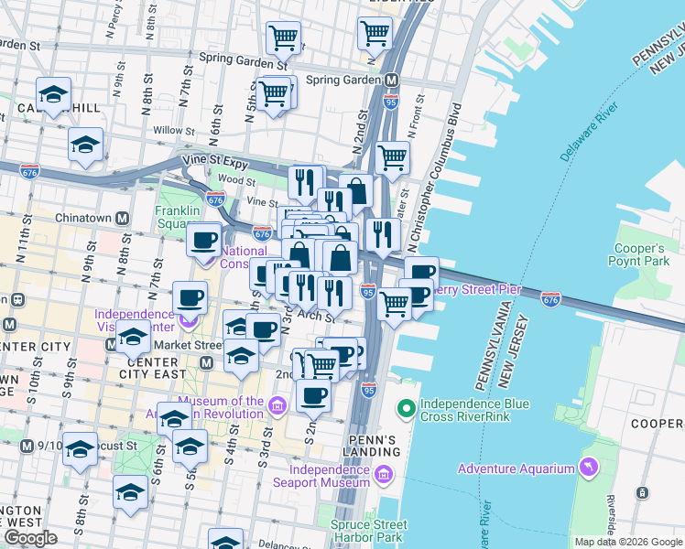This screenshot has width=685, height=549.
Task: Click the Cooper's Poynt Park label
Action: point(639,255)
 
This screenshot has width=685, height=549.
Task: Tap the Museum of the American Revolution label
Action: point(222,407)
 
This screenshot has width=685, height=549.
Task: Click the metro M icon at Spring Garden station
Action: point(391,80)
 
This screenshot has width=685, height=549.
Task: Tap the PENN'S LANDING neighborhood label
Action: point(374,446)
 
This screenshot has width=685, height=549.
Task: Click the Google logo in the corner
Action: point(30,538)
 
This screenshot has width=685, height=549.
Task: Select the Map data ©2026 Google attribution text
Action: point(628,542)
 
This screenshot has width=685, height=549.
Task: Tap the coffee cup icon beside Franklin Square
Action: point(204,241)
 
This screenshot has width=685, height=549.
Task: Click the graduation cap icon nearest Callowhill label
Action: point(54,94)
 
